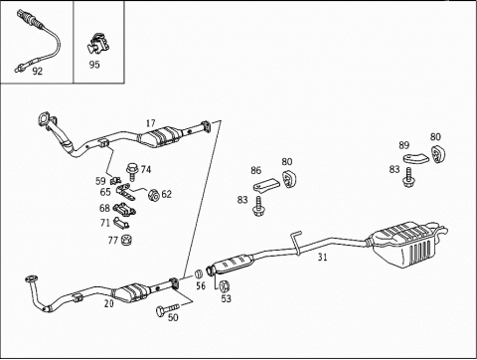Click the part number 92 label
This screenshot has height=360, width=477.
point(38,71)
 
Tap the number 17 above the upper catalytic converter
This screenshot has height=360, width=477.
point(151,123)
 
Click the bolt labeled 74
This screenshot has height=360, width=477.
point(132,172)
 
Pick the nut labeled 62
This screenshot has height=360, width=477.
point(153,195)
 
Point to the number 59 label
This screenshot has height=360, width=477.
point(100,181)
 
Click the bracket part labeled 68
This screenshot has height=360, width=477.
point(125,210)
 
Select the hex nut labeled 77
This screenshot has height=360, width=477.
point(126,240)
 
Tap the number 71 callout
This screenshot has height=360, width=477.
point(105,223)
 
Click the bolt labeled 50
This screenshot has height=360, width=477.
point(168,309)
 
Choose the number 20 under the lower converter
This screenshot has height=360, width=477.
point(109,303)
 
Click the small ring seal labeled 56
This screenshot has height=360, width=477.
point(199,274)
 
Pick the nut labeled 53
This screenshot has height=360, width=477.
point(225,285)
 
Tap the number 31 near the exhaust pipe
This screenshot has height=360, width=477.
point(322,257)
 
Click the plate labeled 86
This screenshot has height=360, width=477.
point(266,186)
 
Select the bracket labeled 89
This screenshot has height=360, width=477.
point(416,158)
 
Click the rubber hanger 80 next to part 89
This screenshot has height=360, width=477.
point(439,154)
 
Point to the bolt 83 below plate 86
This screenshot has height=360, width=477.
point(258,206)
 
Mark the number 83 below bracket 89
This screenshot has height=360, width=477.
point(395,169)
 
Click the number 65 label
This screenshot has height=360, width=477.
point(105,192)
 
